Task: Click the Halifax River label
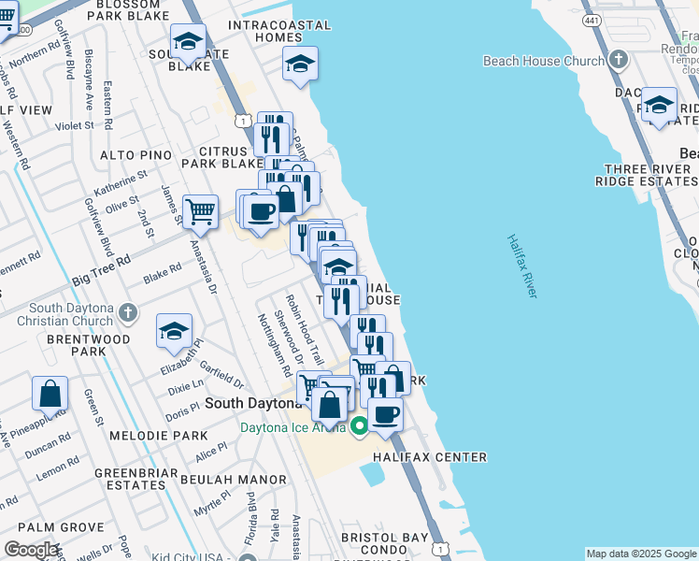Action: tap(522, 266)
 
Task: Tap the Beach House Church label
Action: tap(544, 61)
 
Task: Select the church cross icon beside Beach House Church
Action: tap(617, 61)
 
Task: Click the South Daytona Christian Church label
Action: tap(71, 315)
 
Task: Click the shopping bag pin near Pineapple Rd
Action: tap(50, 395)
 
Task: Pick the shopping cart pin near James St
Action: tap(200, 212)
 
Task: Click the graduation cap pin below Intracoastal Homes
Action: tap(300, 64)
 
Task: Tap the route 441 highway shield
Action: tap(592, 20)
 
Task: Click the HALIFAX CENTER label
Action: tap(430, 457)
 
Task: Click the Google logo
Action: tap(31, 550)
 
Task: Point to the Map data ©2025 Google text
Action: tap(640, 554)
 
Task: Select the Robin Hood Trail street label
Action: tap(305, 329)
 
